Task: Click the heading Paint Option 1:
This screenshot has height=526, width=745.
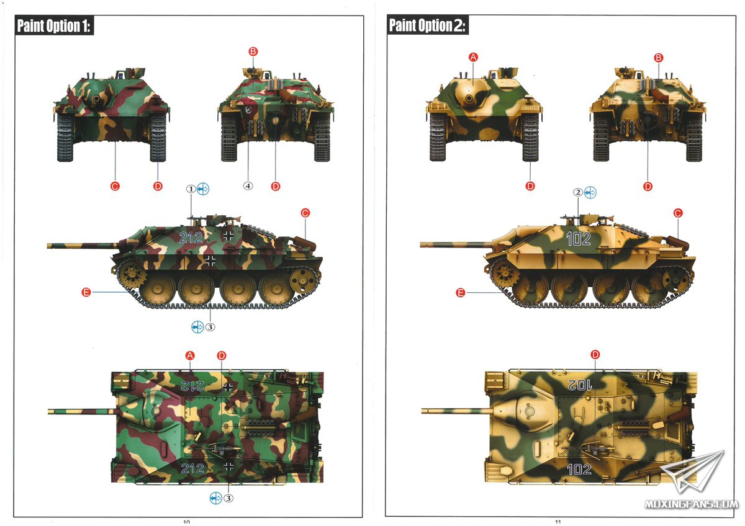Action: click(53, 25)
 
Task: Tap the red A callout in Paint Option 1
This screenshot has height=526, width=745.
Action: click(190, 355)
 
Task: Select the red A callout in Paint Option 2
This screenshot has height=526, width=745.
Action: click(473, 57)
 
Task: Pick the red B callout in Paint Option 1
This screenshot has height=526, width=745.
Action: click(253, 51)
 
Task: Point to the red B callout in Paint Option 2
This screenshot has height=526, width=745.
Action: click(659, 58)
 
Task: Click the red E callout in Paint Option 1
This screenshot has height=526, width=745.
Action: click(86, 292)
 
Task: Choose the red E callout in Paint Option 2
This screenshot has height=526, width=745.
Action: click(460, 293)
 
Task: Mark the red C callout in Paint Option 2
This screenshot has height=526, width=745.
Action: click(678, 213)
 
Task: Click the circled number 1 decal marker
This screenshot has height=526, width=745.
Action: click(191, 189)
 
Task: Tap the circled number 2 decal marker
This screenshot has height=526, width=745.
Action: click(579, 192)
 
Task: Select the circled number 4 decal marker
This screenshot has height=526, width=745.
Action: click(248, 185)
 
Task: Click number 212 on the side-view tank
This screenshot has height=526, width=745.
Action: click(191, 237)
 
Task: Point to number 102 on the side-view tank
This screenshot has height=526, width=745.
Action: click(579, 239)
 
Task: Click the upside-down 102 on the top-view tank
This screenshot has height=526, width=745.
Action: click(580, 385)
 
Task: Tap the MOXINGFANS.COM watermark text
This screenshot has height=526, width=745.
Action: click(692, 504)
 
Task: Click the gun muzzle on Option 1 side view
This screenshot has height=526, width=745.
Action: click(50, 246)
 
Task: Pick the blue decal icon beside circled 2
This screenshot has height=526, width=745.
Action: click(590, 192)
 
